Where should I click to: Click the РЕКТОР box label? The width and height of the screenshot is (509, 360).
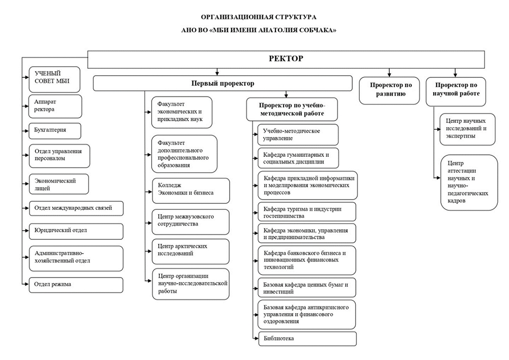pos(286,59)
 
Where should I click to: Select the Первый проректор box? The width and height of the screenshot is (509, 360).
pos(223,84)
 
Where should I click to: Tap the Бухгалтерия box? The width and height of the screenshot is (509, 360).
pos(55,131)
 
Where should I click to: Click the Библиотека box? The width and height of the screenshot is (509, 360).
pos(307,339)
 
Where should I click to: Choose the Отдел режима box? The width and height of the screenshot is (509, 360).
pos(76,285)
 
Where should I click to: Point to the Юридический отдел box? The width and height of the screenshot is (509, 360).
pos(76,232)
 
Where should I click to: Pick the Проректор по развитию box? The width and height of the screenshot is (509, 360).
pos(389,91)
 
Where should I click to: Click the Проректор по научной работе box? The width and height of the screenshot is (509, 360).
pos(456,92)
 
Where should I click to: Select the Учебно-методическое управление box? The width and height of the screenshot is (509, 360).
pos(298,135)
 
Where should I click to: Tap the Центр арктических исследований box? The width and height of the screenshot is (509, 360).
pos(190,252)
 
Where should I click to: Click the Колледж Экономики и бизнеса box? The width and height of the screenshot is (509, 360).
pos(191,190)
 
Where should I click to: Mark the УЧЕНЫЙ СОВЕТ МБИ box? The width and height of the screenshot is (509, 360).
pos(54,79)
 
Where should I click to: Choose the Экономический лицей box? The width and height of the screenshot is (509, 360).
pos(59,184)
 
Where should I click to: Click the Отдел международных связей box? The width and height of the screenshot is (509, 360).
pos(76,208)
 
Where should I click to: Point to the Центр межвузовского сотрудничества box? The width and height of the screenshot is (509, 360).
pos(190,222)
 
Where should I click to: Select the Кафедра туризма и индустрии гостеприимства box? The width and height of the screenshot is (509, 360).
pos(307,212)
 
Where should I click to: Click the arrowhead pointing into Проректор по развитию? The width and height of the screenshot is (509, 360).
pos(389,75)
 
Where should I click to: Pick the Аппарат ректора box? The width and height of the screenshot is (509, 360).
pos(55,106)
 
